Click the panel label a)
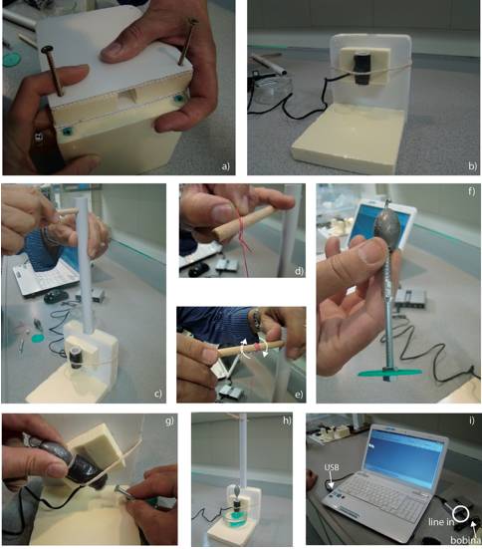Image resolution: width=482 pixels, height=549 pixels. [x=226, y=166]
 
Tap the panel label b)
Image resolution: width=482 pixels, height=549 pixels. [x=472, y=166]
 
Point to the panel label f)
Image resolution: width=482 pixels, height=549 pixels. [x=471, y=191]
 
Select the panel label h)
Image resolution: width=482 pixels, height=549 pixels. [x=287, y=420]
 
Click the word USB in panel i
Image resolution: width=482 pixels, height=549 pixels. [x=332, y=467]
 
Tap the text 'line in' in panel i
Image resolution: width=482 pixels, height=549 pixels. [x=441, y=522]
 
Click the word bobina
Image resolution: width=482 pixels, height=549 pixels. [x=465, y=540]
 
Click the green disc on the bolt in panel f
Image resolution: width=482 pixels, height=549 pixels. [x=389, y=373]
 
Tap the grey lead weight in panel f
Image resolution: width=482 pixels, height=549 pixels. [x=387, y=227]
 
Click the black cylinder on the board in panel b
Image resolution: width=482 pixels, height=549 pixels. [x=361, y=68]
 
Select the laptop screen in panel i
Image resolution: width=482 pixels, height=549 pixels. [x=405, y=455]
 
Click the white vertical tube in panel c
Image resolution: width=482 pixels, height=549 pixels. [x=85, y=266]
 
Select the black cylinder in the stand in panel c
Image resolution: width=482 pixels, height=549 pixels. [x=76, y=358]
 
